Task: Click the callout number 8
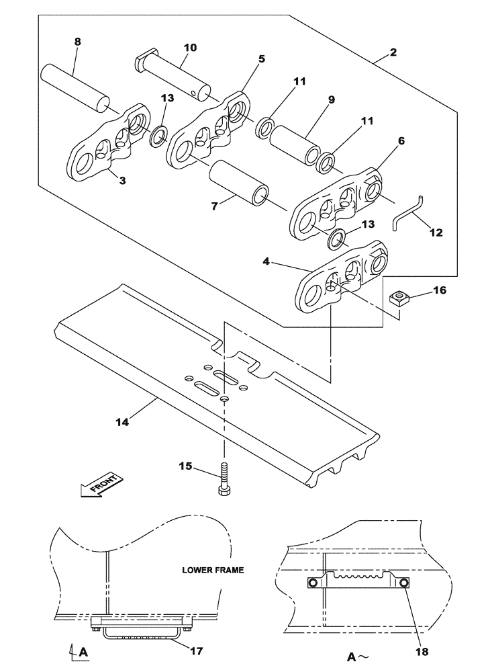tap(77, 42)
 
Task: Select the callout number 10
tap(190, 48)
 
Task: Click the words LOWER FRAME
tap(213, 570)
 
